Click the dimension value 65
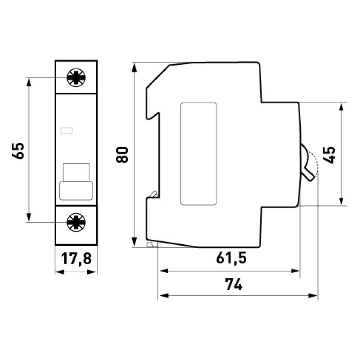click(x=18, y=151)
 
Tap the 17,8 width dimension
click(x=76, y=259)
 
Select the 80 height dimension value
click(x=122, y=155)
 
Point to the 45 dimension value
click(x=329, y=155)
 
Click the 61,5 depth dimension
click(x=231, y=258)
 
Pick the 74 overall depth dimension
click(x=234, y=284)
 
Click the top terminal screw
click(x=76, y=77)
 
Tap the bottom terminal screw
click(x=76, y=222)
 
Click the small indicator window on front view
click(x=67, y=131)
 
